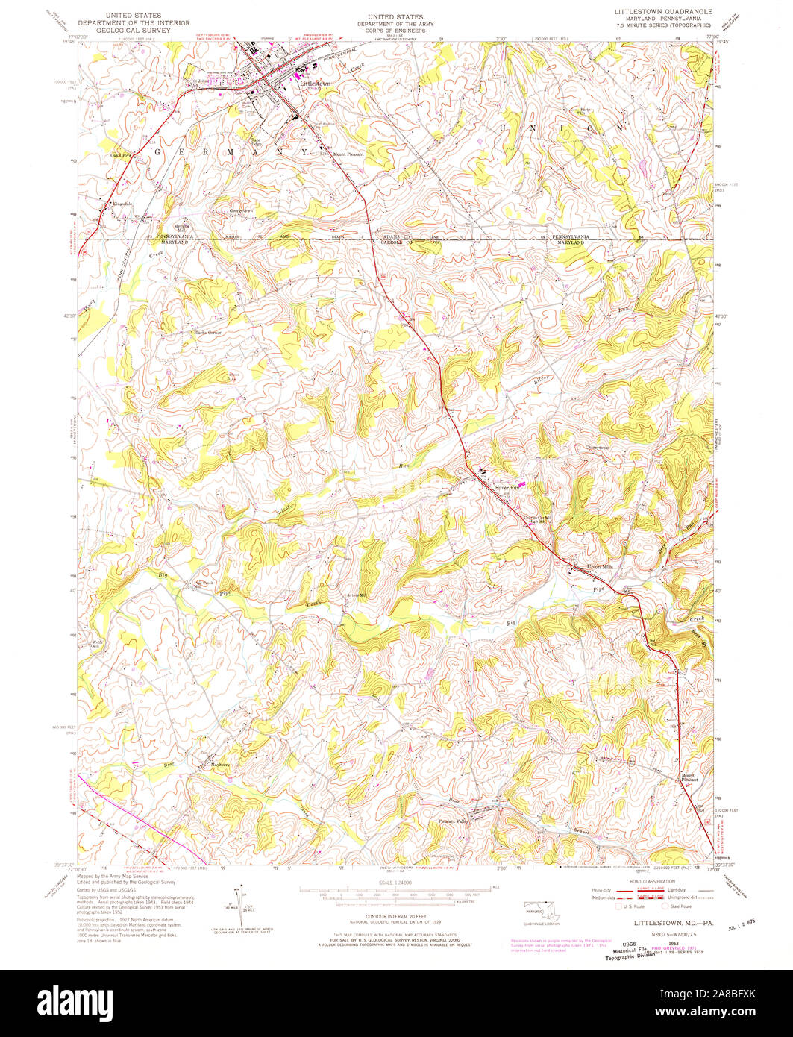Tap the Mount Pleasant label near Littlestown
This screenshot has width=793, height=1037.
pos(348,154)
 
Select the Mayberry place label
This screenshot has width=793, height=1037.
pos(220,765)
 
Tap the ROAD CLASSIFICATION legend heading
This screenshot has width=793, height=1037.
pos(646,881)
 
